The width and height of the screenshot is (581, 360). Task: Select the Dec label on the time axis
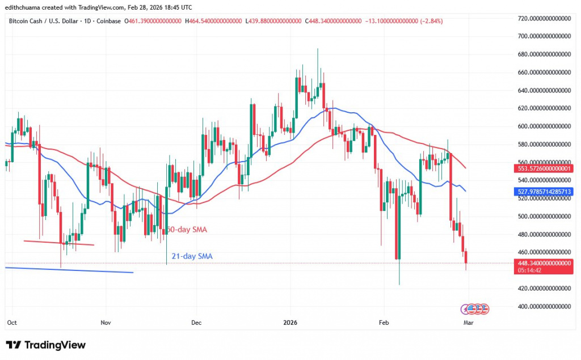[x=196, y=322]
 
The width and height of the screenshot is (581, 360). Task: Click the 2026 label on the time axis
[x=290, y=322]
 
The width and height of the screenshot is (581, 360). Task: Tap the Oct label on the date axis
[x=11, y=322]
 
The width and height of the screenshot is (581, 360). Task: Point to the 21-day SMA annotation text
[x=192, y=256]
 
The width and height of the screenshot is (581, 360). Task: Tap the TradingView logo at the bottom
[x=45, y=345]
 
